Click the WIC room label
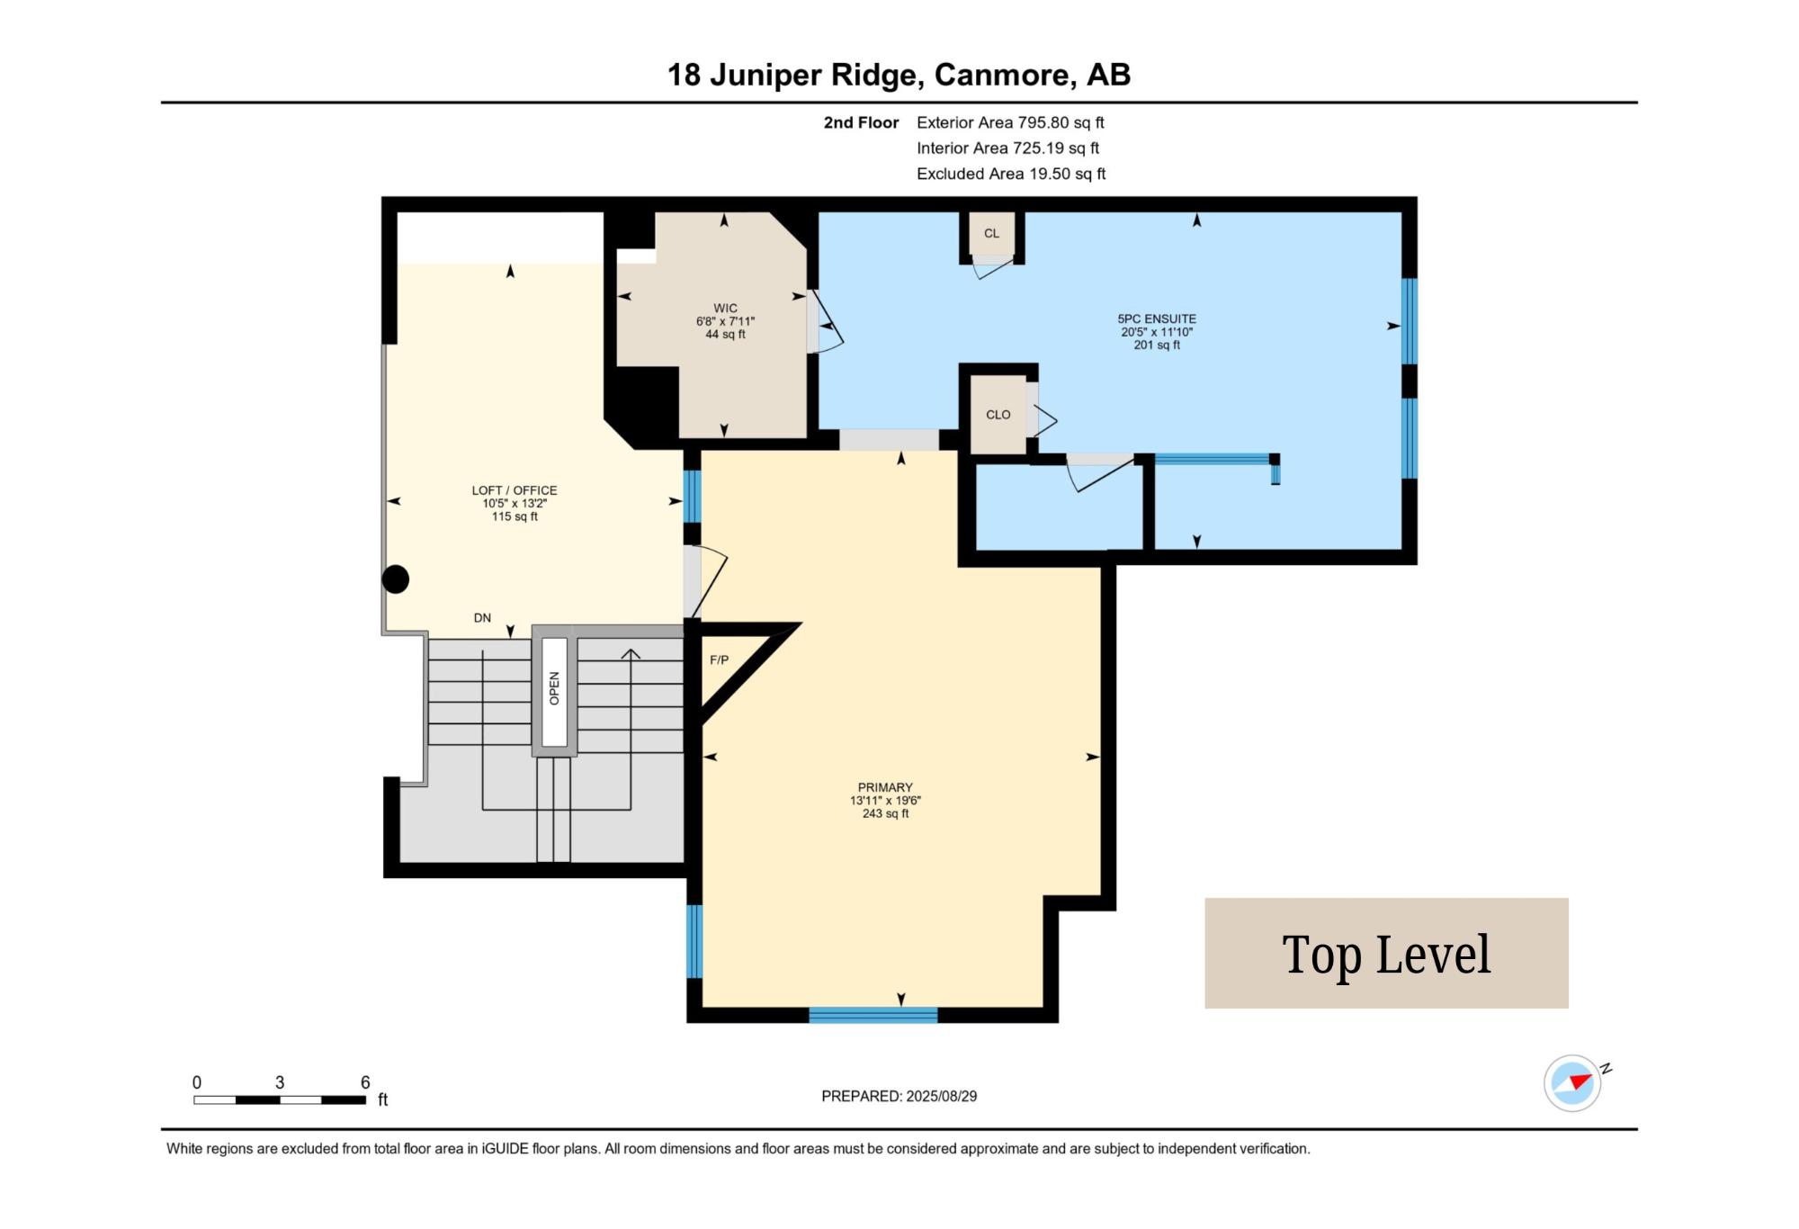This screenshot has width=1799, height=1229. tap(725, 309)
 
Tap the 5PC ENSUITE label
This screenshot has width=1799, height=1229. tap(1157, 318)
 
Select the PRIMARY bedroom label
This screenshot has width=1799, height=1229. tap(885, 787)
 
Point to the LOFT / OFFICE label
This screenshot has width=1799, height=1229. tap(515, 490)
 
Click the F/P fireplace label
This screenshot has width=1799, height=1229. tap(719, 659)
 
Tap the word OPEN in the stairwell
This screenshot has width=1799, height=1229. tap(554, 688)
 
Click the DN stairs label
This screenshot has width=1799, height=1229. tap(482, 618)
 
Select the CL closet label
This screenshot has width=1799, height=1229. tap(991, 233)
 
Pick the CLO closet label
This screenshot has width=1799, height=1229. tap(998, 415)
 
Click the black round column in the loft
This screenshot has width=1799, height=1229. tap(396, 579)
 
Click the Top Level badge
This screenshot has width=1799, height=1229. tap(1386, 953)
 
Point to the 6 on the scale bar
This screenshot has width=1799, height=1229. tap(365, 1082)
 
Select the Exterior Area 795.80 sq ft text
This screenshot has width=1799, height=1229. tap(1010, 122)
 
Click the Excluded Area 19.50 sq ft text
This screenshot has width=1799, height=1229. tap(1011, 174)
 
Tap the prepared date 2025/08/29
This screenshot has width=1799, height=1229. tap(942, 1096)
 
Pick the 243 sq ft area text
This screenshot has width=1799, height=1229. tap(885, 813)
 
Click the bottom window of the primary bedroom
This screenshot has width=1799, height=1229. tap(873, 1015)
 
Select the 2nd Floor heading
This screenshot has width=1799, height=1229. tap(861, 122)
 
